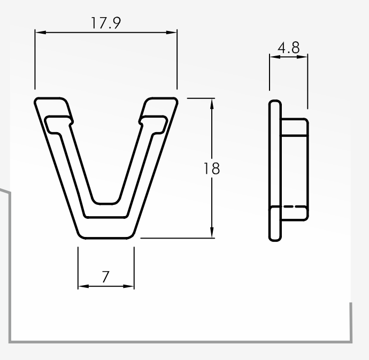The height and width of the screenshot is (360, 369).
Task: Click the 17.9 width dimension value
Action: pyautogui.click(x=106, y=23)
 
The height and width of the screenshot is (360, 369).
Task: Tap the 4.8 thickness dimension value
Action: pyautogui.click(x=289, y=48)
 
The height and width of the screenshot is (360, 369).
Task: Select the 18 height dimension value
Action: pyautogui.click(x=212, y=168)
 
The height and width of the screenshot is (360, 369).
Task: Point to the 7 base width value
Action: pyautogui.click(x=106, y=277)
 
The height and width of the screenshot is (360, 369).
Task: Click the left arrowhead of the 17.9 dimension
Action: pyautogui.click(x=40, y=32)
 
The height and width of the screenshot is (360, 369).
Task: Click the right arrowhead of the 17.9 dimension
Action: pyautogui.click(x=172, y=32)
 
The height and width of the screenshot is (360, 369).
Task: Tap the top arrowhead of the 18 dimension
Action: pyautogui.click(x=212, y=104)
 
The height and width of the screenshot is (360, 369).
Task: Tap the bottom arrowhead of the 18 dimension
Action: pyautogui.click(x=212, y=232)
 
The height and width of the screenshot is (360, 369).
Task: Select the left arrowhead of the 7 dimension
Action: pyautogui.click(x=83, y=286)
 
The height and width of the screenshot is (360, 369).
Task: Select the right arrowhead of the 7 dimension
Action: pyautogui.click(x=129, y=286)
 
